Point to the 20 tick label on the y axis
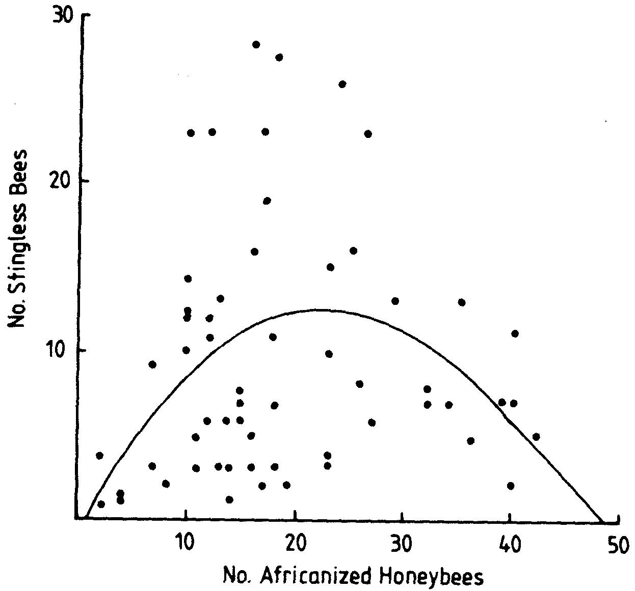[x=65, y=182]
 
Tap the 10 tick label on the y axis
[x=65, y=350]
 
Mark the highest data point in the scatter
[x=256, y=45]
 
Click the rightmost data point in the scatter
[x=536, y=437]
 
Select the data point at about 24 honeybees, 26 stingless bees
[x=342, y=84]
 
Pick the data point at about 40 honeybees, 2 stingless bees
[x=511, y=486]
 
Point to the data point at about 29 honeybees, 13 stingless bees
[x=395, y=301]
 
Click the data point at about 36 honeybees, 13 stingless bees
[x=462, y=302]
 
